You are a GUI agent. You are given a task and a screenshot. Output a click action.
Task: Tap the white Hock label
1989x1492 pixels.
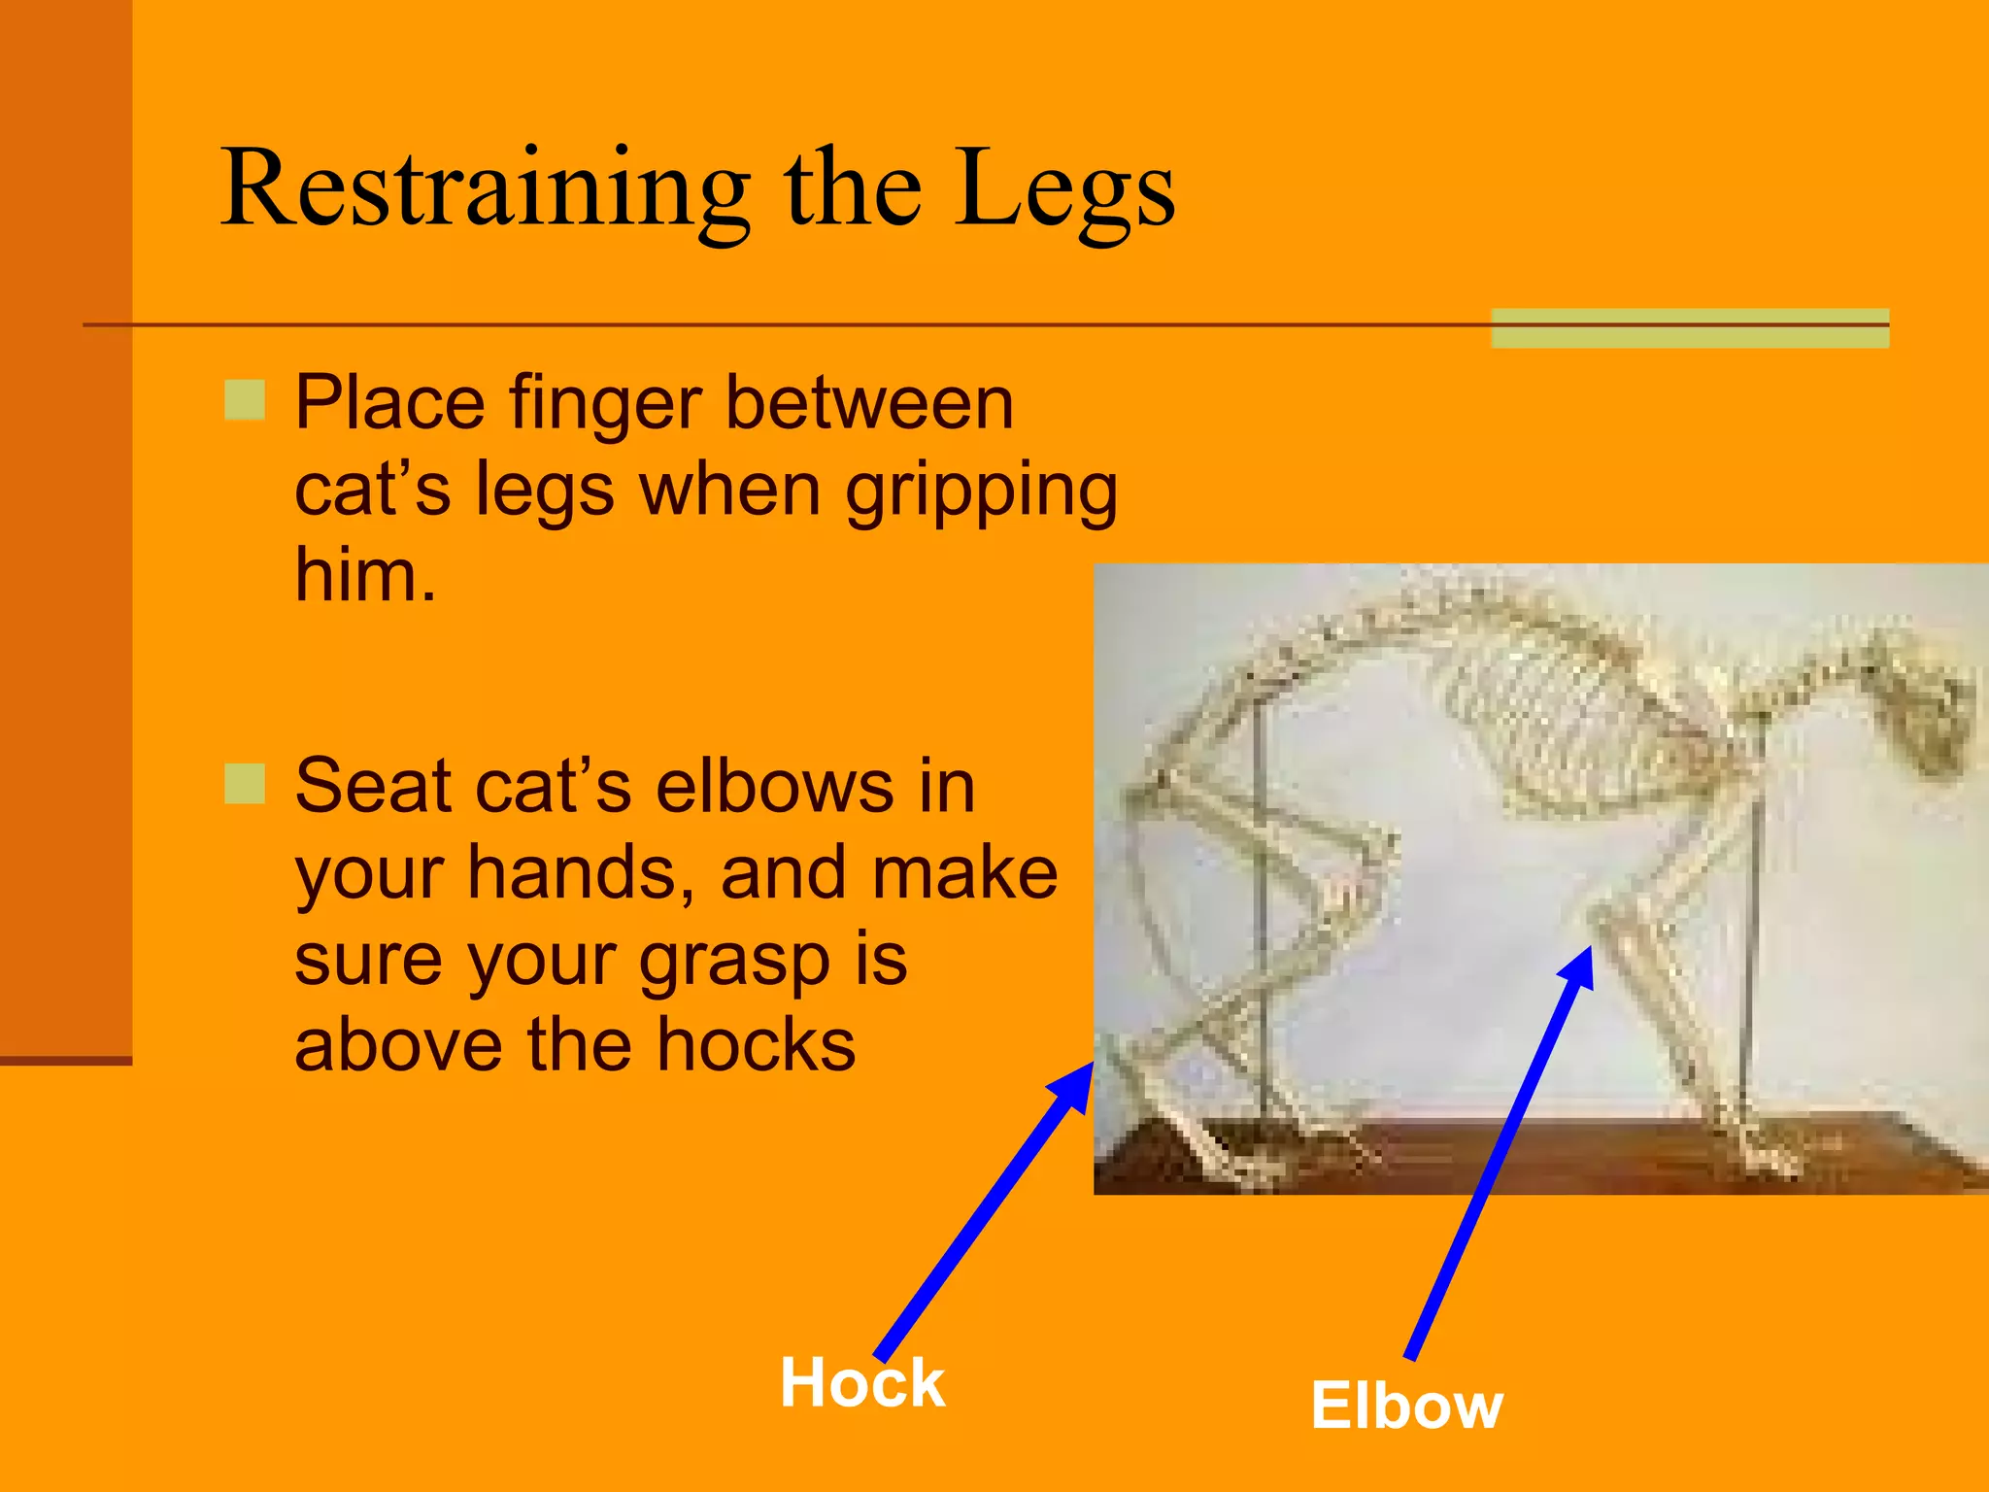(861, 1383)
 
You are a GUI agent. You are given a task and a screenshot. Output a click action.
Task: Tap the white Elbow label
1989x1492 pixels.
(1405, 1406)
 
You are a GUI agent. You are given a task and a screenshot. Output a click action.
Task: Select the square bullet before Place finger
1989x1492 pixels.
(245, 400)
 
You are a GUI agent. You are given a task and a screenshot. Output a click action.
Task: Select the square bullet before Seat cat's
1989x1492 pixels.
(245, 784)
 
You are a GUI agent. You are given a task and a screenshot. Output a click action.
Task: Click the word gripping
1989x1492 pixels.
(981, 491)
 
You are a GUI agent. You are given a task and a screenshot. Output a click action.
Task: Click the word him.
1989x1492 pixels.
(364, 575)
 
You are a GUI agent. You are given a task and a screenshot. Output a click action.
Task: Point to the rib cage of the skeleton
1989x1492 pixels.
(1564, 729)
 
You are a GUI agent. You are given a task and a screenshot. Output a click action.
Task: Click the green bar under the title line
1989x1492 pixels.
(1690, 328)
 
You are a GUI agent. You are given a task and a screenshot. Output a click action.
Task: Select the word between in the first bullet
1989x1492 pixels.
(869, 403)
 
